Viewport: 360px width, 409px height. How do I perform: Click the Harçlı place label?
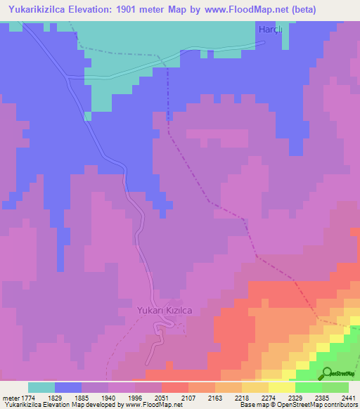(x=270, y=29)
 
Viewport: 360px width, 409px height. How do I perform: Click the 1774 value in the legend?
(x=27, y=398)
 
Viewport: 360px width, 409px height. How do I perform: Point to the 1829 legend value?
(x=63, y=398)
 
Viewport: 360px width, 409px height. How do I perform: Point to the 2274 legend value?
(x=277, y=398)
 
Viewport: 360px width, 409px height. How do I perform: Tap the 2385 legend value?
(x=330, y=398)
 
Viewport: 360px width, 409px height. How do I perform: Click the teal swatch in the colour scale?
(x=41, y=387)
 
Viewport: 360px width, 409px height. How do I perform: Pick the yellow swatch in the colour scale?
(x=282, y=387)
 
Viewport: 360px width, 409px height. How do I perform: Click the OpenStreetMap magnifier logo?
(x=326, y=374)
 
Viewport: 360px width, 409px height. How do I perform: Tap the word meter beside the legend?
(x=11, y=398)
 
